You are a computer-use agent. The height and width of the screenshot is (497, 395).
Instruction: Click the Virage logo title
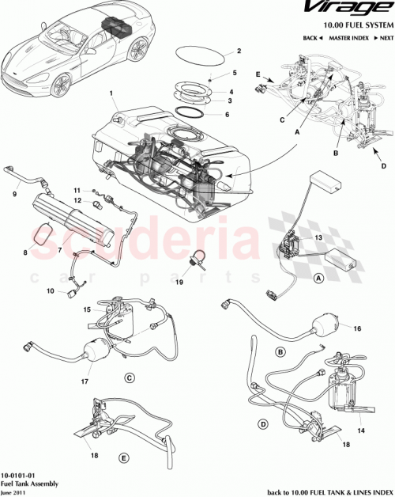pyautogui.click(x=347, y=10)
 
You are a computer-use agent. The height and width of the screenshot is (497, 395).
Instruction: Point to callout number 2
pyautogui.click(x=237, y=52)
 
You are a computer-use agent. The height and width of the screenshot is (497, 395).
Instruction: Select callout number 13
pyautogui.click(x=318, y=237)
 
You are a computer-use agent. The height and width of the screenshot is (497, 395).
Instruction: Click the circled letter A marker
pyautogui.click(x=318, y=278)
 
